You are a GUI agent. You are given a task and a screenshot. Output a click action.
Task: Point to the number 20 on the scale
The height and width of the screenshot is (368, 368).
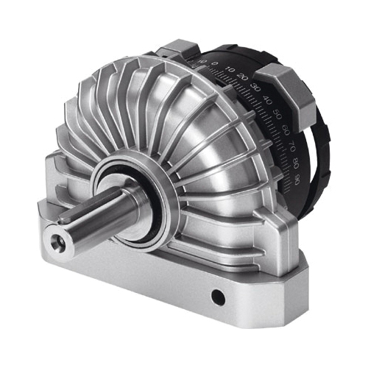[x=244, y=77]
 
